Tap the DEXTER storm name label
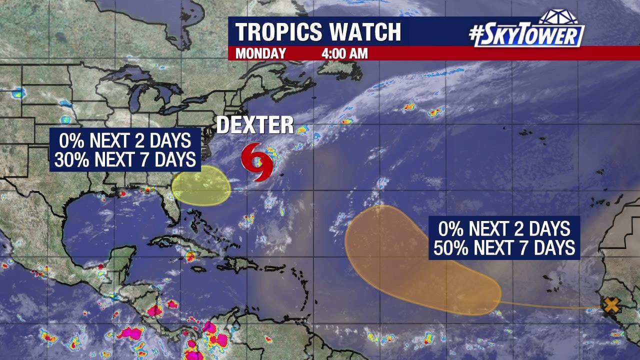pyautogui.click(x=255, y=125)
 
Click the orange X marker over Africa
pyautogui.click(x=611, y=305)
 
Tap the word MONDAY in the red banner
pyautogui.click(x=260, y=53)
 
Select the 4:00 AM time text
pyautogui.click(x=344, y=53)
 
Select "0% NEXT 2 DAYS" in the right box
pyautogui.click(x=504, y=229)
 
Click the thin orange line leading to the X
pyautogui.click(x=550, y=306)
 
